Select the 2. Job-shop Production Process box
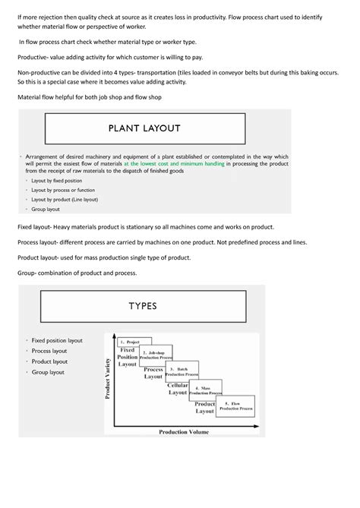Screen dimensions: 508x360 156,355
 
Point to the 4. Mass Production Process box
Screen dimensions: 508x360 205,390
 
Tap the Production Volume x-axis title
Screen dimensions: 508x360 185,432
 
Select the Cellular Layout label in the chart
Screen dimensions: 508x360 178,389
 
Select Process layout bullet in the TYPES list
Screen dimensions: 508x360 49,351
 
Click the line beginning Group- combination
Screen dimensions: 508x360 77,272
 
